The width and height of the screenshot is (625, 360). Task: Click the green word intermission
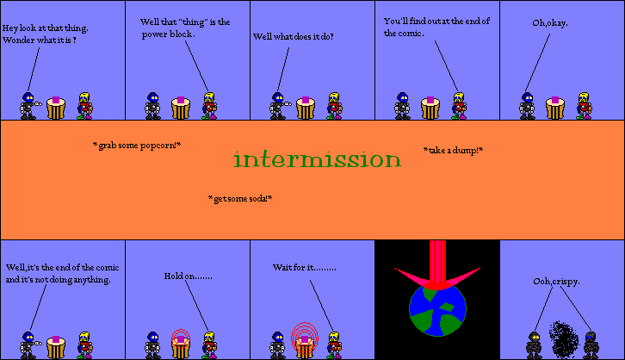(317, 160)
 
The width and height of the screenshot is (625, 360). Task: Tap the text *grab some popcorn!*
(137, 146)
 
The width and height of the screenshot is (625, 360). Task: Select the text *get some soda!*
(240, 199)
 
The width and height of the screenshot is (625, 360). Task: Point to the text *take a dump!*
(453, 150)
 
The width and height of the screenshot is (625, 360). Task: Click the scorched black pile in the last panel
(563, 339)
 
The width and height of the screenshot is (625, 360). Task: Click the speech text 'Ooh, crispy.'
(557, 282)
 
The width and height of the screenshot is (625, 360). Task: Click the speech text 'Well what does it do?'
(293, 37)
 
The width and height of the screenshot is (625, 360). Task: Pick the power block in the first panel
(56, 106)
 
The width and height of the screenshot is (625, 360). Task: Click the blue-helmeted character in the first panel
(28, 105)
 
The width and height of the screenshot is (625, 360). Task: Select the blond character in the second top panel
(208, 105)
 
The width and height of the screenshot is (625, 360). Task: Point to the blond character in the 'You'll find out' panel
(458, 105)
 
